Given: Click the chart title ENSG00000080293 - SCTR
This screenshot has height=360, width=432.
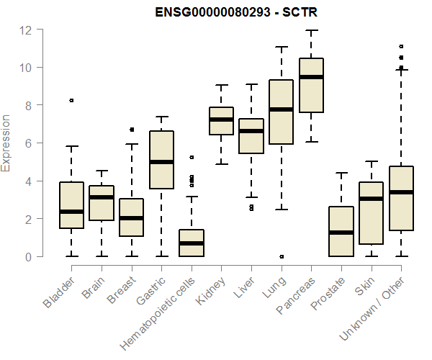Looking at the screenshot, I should [229, 12].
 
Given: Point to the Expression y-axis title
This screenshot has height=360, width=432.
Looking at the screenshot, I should [6, 143].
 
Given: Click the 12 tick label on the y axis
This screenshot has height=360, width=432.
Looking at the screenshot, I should [26, 30].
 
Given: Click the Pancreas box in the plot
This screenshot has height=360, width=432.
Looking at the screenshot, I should [311, 85].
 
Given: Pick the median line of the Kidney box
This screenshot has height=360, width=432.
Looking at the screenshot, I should [221, 120].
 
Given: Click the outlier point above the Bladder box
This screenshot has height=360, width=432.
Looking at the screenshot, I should [71, 101].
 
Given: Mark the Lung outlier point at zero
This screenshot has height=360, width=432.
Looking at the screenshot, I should [282, 256].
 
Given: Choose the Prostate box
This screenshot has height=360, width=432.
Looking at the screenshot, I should [341, 231].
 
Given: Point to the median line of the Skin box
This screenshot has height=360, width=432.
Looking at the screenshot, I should [372, 199].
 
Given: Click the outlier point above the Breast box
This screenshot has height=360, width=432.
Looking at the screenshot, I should [132, 130].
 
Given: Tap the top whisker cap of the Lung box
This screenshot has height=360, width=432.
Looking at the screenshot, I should [282, 47].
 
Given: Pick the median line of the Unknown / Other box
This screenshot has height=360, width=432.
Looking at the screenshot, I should [401, 192].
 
